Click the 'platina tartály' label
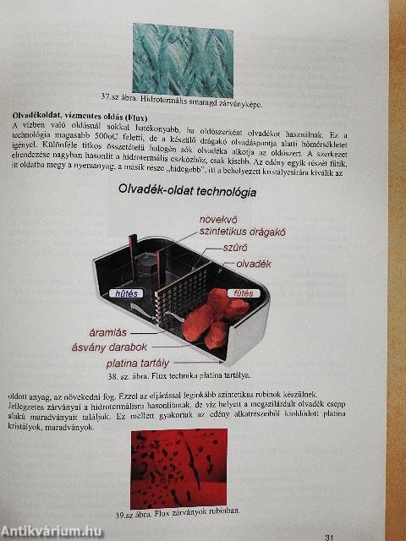click(x=141, y=364)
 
